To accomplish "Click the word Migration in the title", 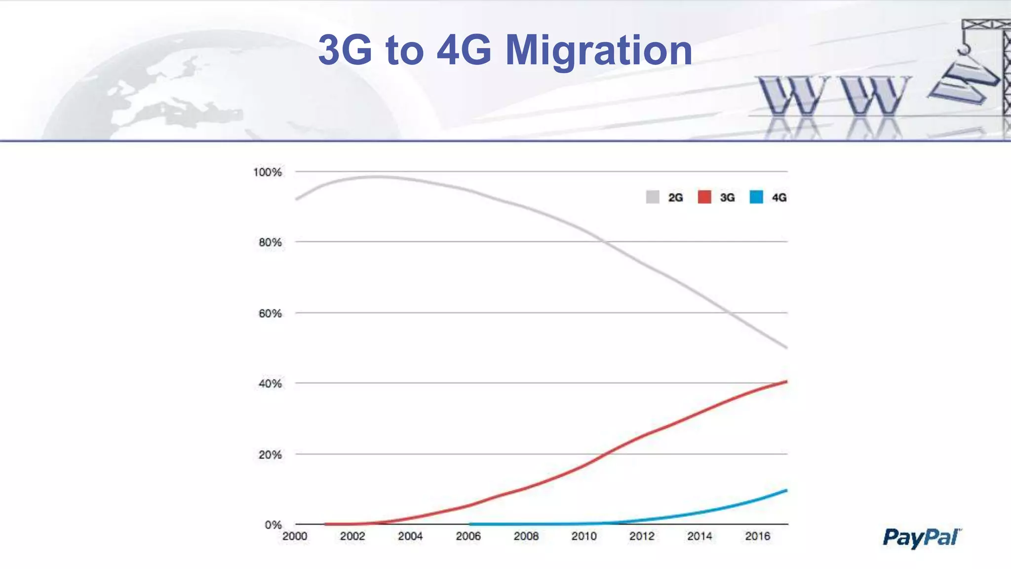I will [599, 50].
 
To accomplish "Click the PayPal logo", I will [922, 537].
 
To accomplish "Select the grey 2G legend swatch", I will [653, 197].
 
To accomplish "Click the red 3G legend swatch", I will [704, 197].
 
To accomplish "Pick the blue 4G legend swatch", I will [756, 197].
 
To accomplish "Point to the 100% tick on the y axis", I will [267, 172].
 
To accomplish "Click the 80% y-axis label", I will [270, 243].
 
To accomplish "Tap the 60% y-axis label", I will [270, 314].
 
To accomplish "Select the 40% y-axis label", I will [270, 384].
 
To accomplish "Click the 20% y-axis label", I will [270, 455].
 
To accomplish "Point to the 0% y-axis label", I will [273, 525].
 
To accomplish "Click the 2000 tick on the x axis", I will [295, 536].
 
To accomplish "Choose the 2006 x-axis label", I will [468, 536].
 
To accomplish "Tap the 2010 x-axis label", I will [584, 536].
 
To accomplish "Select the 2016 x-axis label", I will [757, 536].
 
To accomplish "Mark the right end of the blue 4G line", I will [786, 490].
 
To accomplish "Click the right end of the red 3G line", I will [786, 382].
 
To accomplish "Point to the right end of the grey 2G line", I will [786, 347].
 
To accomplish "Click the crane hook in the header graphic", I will [963, 48].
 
